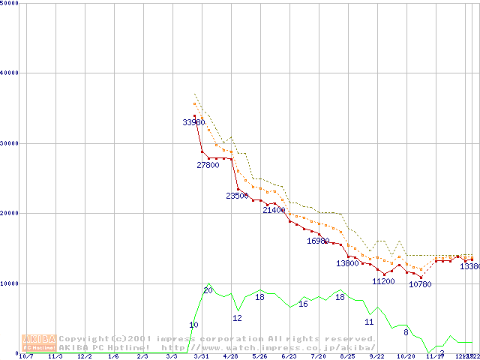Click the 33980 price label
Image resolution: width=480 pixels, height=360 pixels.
click(x=193, y=122)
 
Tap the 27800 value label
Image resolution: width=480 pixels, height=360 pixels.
click(x=208, y=165)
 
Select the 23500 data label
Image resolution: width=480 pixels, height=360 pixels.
click(x=237, y=196)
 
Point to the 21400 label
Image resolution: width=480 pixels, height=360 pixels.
click(x=274, y=211)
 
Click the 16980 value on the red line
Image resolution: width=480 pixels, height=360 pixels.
click(x=318, y=241)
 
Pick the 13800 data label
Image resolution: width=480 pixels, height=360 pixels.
click(x=347, y=263)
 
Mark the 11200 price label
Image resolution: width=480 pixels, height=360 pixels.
click(x=383, y=281)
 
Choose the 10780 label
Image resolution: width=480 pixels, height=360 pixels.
click(x=420, y=284)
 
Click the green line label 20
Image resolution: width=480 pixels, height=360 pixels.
click(x=208, y=290)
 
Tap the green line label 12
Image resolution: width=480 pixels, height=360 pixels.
click(x=237, y=318)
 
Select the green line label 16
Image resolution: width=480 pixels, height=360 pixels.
click(x=303, y=304)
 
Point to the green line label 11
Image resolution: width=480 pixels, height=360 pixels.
click(x=369, y=322)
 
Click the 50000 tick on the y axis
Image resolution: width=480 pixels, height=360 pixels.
click(x=10, y=3)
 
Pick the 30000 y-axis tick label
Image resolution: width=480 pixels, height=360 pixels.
click(x=10, y=143)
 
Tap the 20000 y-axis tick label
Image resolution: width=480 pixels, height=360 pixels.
click(x=10, y=214)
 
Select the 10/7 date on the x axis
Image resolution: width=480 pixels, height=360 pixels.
click(x=26, y=356)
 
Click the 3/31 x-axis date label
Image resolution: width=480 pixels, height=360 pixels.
click(x=201, y=356)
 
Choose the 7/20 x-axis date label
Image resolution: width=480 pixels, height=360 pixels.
click(x=318, y=356)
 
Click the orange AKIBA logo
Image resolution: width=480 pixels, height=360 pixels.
click(x=40, y=342)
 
